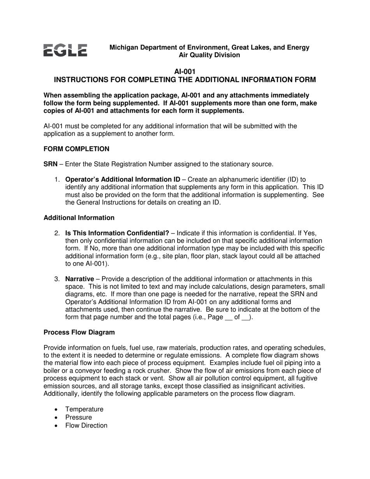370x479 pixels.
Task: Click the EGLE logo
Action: click(x=65, y=51)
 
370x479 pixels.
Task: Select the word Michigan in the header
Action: click(x=123, y=48)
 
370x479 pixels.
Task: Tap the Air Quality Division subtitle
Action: click(x=209, y=55)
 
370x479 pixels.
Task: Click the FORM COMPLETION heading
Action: click(x=76, y=149)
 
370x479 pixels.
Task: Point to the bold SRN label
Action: click(x=50, y=164)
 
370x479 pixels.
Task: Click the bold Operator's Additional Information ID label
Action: click(x=123, y=180)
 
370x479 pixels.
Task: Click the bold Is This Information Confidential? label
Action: click(x=117, y=233)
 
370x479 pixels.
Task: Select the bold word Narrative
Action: click(x=79, y=279)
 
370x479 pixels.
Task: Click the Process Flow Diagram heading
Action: click(x=79, y=333)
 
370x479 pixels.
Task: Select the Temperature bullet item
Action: click(x=84, y=409)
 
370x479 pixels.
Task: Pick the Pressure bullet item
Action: click(x=79, y=417)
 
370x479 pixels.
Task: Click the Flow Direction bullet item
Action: click(x=86, y=426)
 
